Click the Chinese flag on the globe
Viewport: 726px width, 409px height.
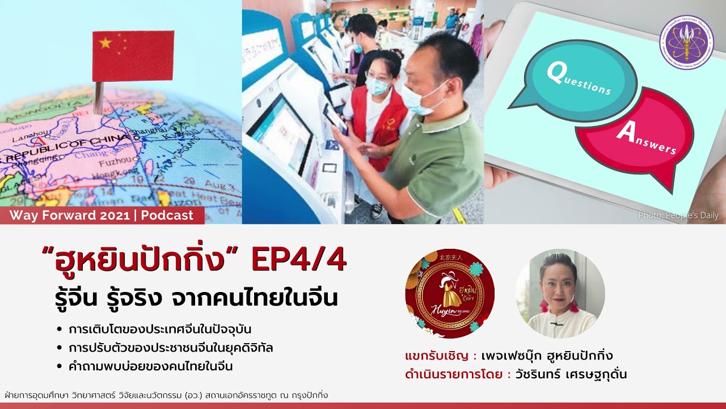(x=133, y=56)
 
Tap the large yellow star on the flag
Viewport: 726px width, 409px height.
(x=105, y=43)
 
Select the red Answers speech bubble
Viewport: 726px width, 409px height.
(x=635, y=139)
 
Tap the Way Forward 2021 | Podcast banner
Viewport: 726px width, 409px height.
(x=102, y=215)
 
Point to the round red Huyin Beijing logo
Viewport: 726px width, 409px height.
(x=450, y=294)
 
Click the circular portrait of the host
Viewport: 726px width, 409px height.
(x=560, y=294)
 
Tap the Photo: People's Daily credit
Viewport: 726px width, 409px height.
(x=678, y=215)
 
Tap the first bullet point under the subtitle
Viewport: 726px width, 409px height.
(x=160, y=329)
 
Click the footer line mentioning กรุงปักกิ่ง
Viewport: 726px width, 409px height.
(x=166, y=395)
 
